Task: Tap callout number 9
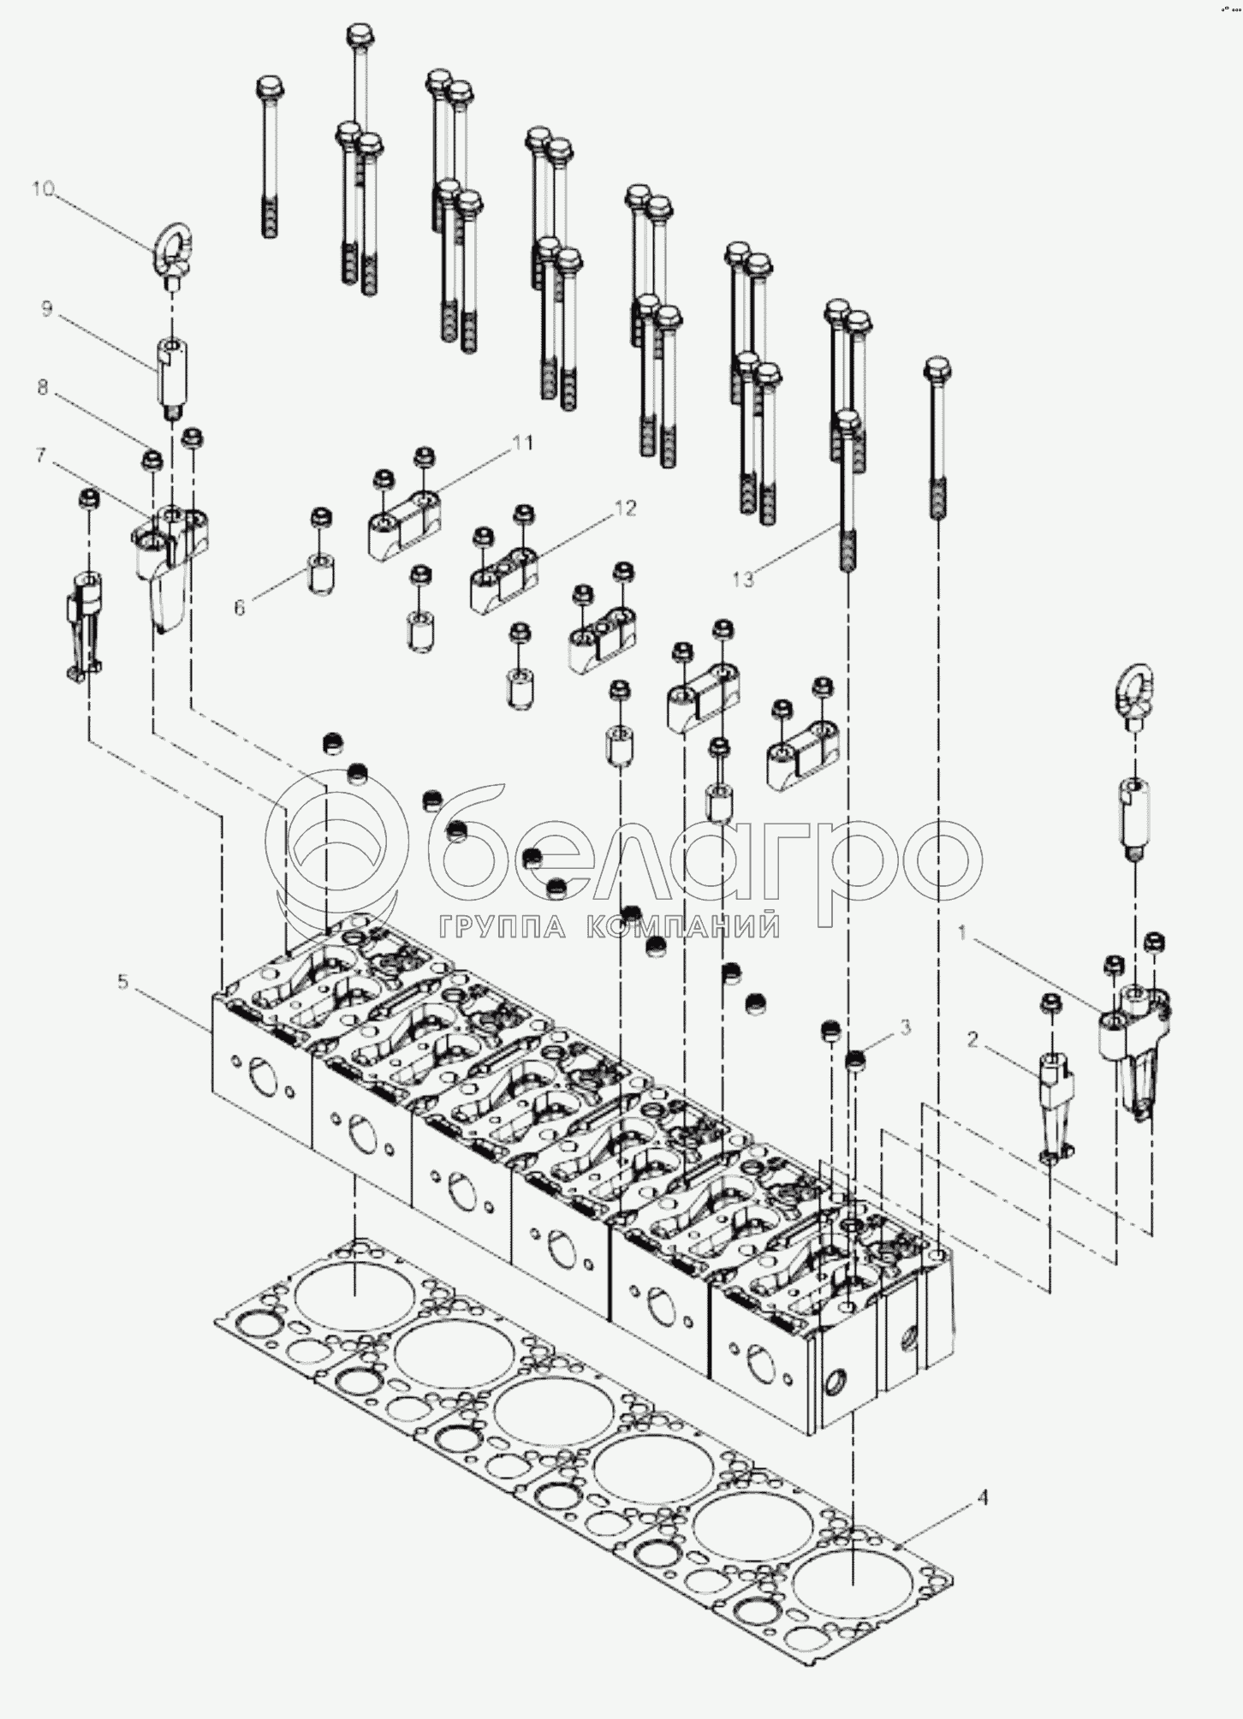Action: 47,309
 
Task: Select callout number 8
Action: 43,387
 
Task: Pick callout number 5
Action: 123,983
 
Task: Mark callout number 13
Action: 742,580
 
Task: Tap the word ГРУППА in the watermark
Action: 503,927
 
